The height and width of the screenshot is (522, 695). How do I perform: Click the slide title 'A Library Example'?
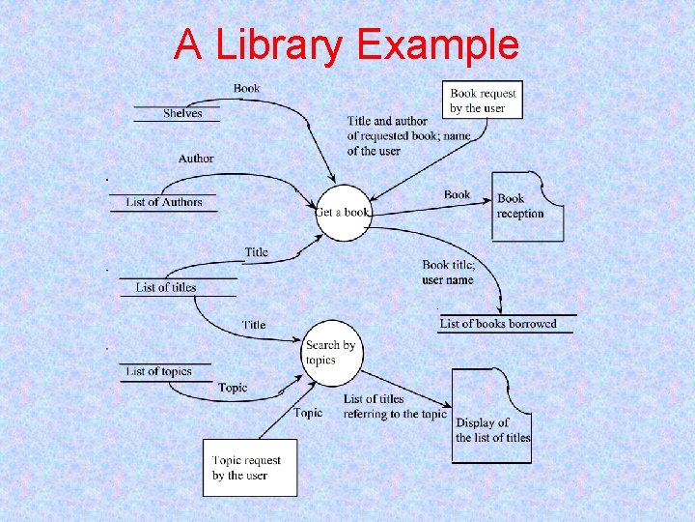347,44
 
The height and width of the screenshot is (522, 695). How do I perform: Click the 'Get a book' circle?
343,212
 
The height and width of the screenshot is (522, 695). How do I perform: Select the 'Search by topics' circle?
331,352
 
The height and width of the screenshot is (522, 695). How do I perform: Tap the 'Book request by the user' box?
484,101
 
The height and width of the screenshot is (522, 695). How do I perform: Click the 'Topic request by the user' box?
249,468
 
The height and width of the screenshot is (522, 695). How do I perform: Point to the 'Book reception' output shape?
526,206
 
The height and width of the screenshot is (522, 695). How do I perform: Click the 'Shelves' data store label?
182,114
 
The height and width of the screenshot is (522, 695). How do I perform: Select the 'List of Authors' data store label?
164,202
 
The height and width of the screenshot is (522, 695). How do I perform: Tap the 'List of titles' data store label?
166,287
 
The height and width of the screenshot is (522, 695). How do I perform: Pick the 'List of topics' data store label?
159,371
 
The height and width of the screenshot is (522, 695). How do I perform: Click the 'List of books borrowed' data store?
498,324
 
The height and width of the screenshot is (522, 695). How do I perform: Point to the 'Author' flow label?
196,159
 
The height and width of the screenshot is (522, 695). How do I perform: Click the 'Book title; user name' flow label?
448,273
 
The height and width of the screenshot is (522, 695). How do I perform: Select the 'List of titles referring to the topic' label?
395,406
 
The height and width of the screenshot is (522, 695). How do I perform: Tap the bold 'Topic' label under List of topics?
233,388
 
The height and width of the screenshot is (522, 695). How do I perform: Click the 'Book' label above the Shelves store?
246,89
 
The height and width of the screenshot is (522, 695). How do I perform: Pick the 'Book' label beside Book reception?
458,194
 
